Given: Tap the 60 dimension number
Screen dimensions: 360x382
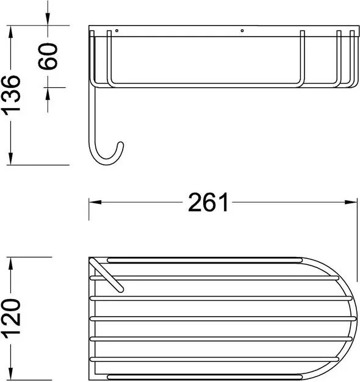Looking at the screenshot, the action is pyautogui.click(x=48, y=57).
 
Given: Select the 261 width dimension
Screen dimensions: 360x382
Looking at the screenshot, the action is pyautogui.click(x=208, y=202).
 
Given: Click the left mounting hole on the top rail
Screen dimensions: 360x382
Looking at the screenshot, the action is pyautogui.click(x=117, y=31).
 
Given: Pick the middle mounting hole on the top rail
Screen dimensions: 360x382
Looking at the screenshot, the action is pyautogui.click(x=242, y=31).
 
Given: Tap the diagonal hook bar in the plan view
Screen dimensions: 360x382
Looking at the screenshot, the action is pyautogui.click(x=106, y=275).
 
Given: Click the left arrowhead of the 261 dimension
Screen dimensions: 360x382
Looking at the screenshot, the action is pyautogui.click(x=95, y=202).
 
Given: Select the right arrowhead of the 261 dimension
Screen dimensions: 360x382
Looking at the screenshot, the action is pyautogui.click(x=351, y=202).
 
